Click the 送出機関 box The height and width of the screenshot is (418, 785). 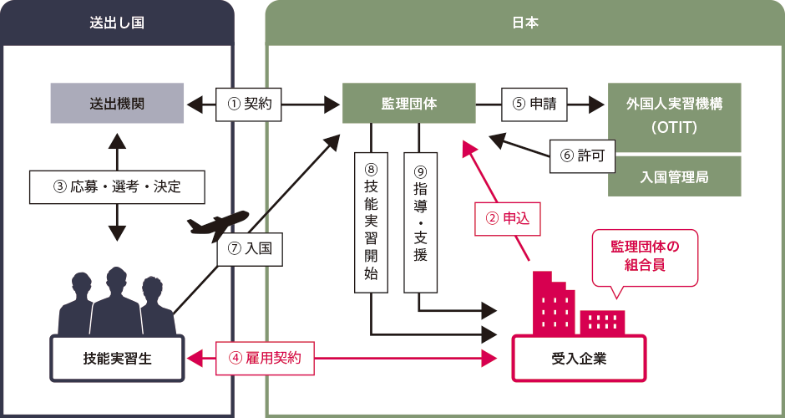117,104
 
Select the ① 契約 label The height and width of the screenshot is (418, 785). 248,104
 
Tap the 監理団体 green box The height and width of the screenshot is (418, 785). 409,104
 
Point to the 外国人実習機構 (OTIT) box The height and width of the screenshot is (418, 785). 674,117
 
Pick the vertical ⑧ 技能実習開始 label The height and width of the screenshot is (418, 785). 372,222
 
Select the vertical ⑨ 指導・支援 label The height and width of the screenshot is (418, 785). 420,222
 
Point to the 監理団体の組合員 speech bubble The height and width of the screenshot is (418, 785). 643,257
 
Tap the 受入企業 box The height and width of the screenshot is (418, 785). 578,358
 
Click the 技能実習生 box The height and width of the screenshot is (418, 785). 117,358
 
